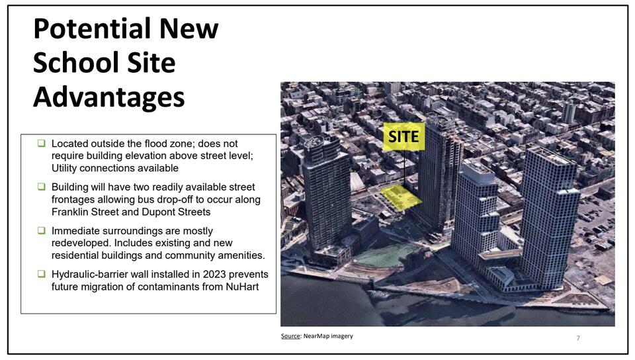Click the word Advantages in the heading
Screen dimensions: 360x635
(x=108, y=97)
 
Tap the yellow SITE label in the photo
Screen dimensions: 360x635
(x=403, y=136)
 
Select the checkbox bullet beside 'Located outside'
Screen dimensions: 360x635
(x=41, y=144)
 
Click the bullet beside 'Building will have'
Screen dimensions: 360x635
(x=41, y=187)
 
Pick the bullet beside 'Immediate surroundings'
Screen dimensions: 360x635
(x=41, y=231)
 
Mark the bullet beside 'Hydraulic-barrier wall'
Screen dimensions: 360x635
(x=41, y=275)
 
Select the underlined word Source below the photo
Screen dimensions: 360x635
(x=290, y=336)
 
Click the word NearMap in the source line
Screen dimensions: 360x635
(x=317, y=336)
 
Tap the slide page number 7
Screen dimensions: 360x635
(x=578, y=338)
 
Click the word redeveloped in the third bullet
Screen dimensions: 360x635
(x=82, y=244)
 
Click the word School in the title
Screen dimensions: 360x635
(x=65, y=64)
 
